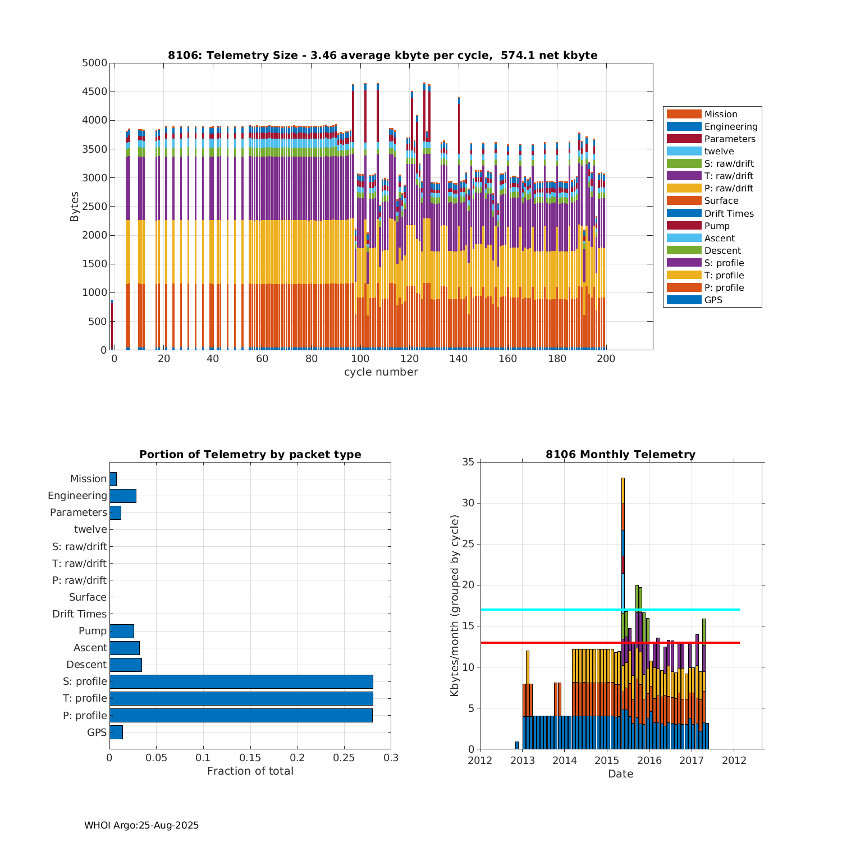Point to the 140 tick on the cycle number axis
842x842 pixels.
(x=459, y=359)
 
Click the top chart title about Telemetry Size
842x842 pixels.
(x=382, y=55)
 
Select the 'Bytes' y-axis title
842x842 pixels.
(x=75, y=207)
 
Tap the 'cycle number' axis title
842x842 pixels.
(x=381, y=372)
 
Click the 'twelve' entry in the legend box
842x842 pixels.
(x=719, y=152)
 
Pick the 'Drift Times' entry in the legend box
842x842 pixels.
(x=729, y=213)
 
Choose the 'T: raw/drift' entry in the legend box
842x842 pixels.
(x=729, y=176)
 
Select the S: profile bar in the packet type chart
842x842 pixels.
(x=241, y=681)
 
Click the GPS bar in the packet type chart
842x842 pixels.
(x=116, y=732)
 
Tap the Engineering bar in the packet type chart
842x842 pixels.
(x=123, y=496)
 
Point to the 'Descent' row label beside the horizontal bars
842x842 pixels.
(x=86, y=665)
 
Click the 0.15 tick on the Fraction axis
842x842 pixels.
(x=250, y=758)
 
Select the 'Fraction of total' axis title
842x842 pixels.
(x=250, y=771)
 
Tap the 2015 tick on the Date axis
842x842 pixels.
(x=607, y=761)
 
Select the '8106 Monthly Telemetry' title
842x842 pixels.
(x=620, y=455)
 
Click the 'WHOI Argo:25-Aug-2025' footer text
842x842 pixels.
(x=141, y=825)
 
